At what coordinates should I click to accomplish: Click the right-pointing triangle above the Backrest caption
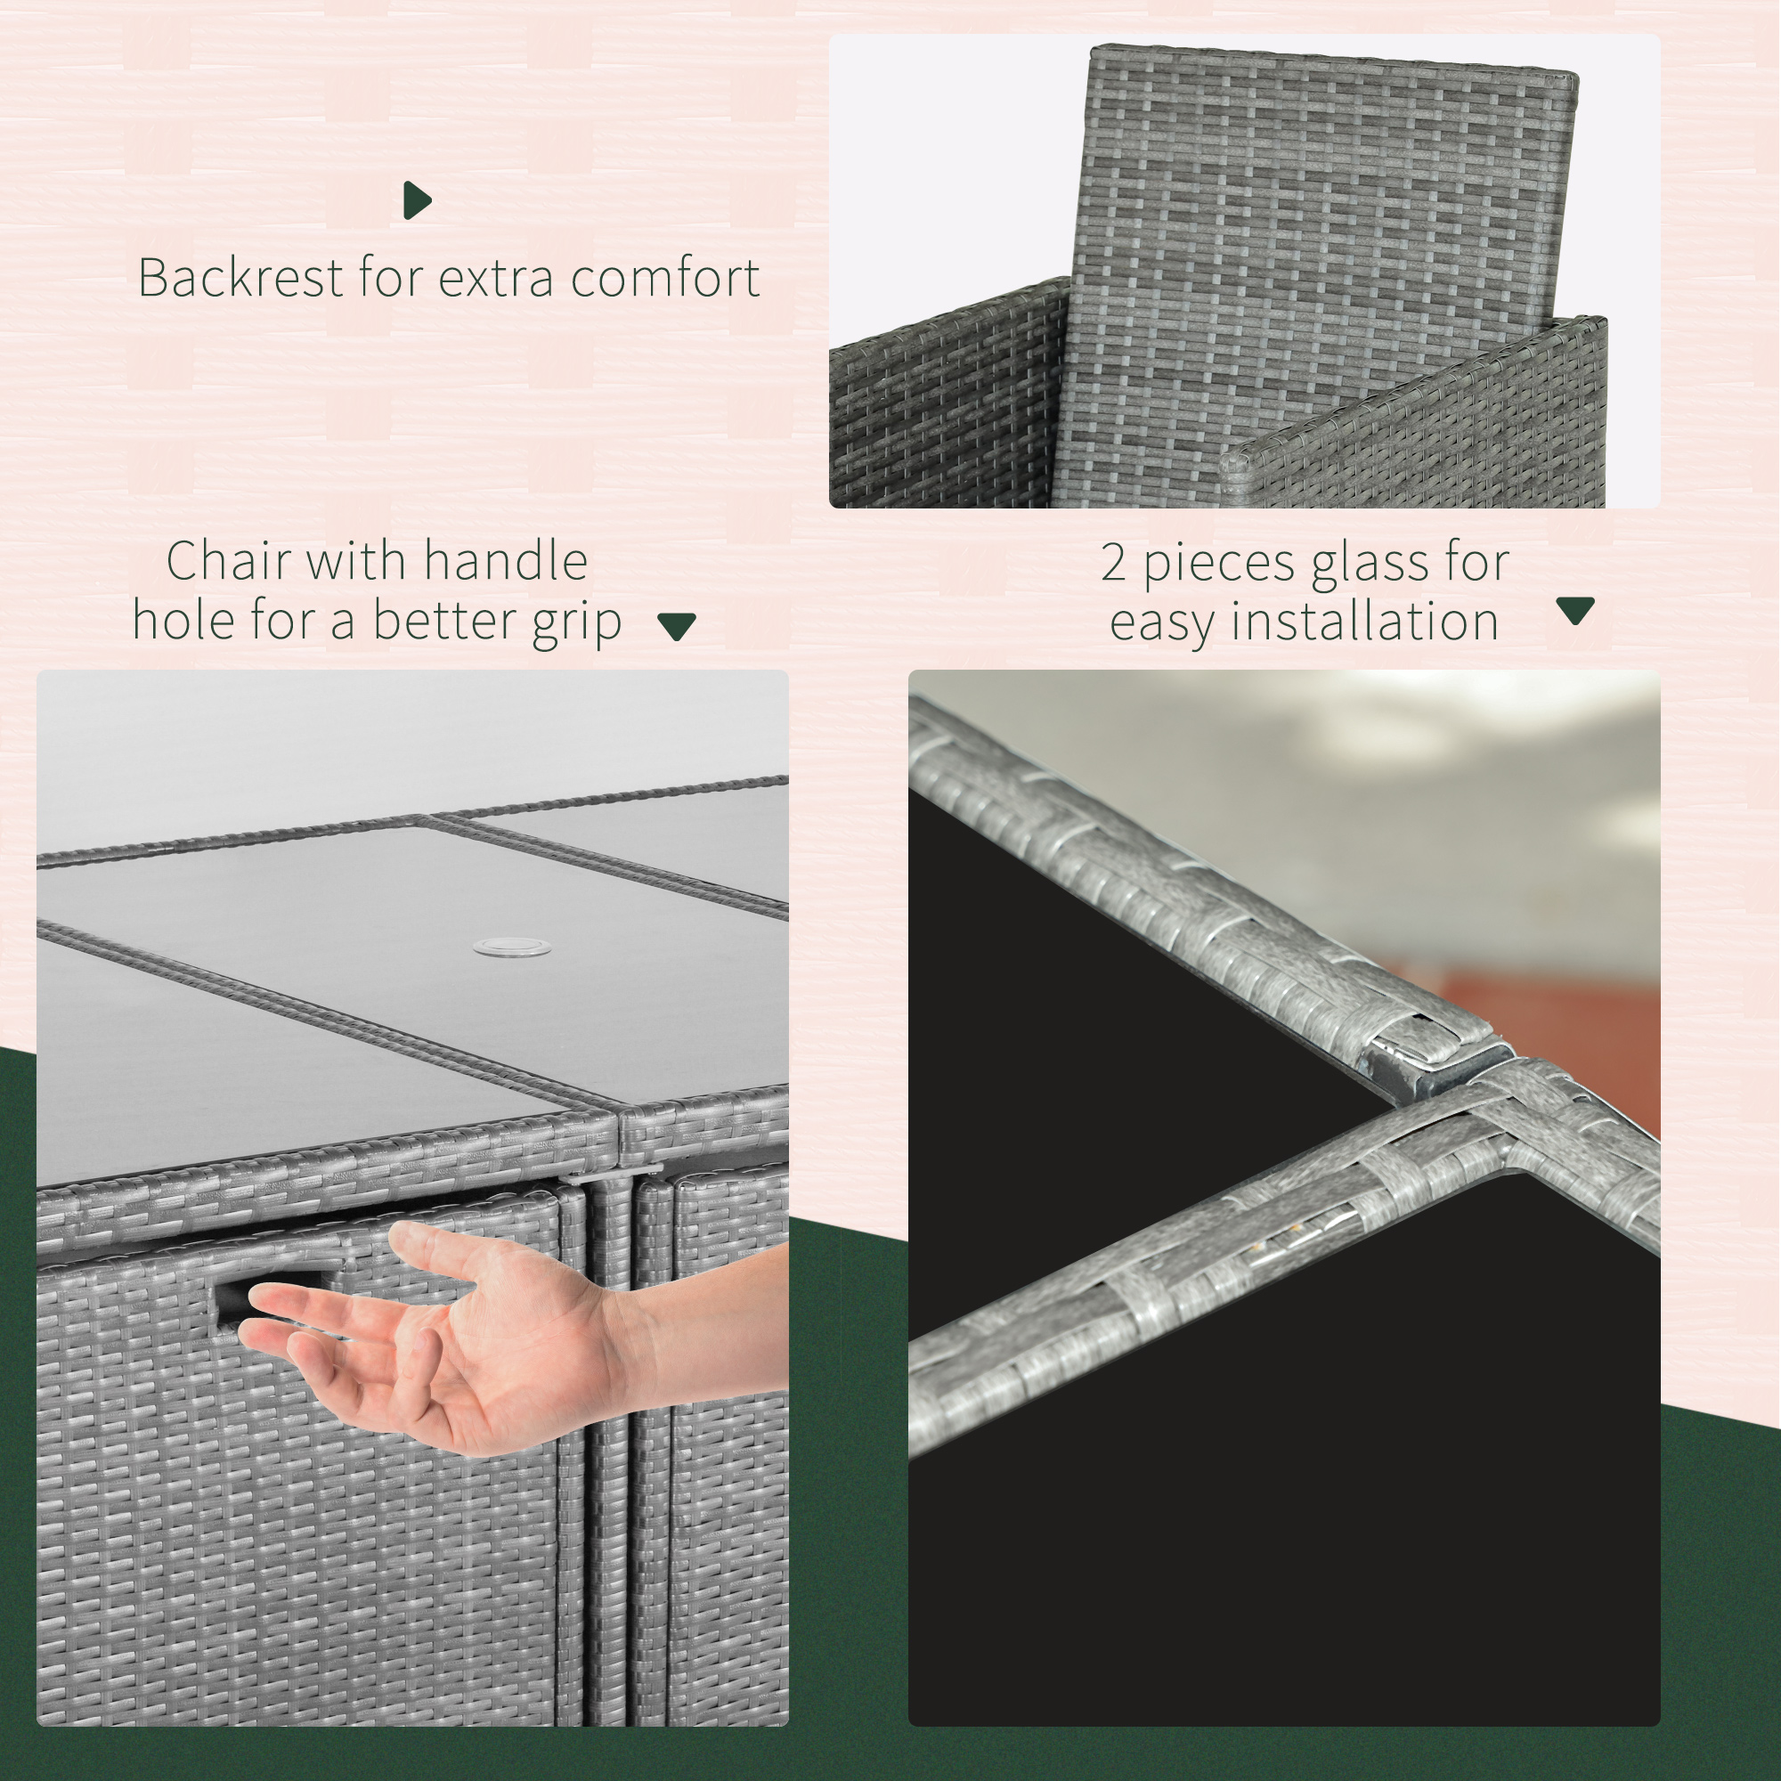pyautogui.click(x=417, y=200)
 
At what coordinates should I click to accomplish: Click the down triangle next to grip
pyautogui.click(x=677, y=626)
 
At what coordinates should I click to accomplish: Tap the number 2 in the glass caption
pyautogui.click(x=1114, y=562)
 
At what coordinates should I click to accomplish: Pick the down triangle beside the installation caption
pyautogui.click(x=1574, y=609)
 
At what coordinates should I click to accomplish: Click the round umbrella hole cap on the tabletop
pyautogui.click(x=512, y=947)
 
